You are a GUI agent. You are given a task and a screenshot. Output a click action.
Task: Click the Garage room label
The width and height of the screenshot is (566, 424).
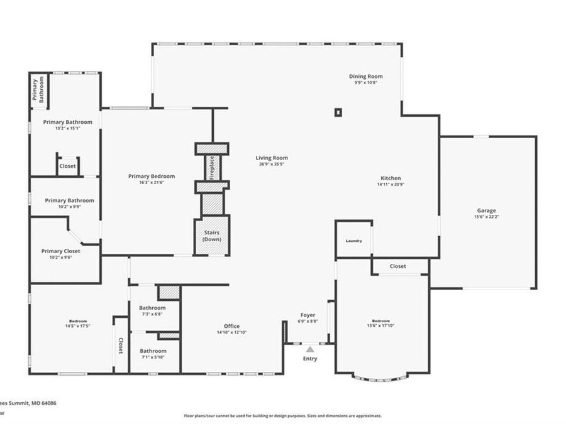point(486,210)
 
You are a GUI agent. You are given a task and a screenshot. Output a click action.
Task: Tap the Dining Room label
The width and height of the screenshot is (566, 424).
point(366,77)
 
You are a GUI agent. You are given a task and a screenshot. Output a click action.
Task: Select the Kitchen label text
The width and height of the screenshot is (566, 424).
point(389,178)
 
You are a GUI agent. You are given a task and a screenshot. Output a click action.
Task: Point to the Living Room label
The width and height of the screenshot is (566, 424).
point(272,158)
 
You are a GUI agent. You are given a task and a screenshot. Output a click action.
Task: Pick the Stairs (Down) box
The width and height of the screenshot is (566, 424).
point(212,236)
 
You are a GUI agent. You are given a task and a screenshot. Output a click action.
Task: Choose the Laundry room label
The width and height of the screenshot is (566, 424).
point(353,241)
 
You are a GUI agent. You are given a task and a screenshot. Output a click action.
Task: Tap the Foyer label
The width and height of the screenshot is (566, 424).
point(308,315)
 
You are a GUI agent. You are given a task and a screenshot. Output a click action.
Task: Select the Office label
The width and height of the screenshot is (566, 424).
point(231,326)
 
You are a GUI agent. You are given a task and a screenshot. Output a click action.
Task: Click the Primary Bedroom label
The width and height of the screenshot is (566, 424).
point(152,177)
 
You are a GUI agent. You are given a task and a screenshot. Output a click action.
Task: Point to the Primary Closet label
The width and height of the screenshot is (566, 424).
point(61,251)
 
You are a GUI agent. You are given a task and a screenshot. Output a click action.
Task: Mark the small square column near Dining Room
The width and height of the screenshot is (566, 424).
point(338,112)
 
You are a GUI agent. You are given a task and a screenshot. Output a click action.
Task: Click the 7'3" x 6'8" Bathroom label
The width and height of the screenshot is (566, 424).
point(153,308)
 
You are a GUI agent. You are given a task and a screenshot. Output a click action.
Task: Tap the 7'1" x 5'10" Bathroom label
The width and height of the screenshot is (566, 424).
point(153,351)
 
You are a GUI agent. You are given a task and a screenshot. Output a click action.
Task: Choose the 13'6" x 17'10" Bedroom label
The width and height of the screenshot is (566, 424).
point(380,320)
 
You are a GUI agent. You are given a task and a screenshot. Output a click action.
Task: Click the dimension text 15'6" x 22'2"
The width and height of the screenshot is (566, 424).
point(486,217)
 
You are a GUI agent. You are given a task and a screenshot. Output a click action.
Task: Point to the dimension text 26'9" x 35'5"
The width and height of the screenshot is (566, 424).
point(272,164)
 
